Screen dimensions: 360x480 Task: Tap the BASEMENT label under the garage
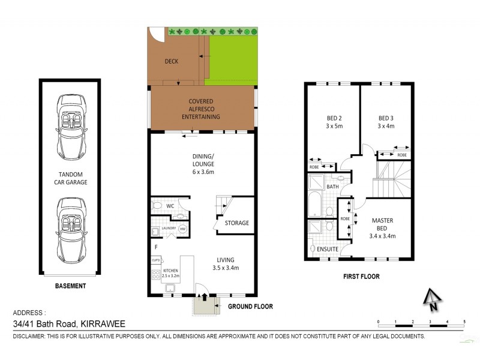(x=70, y=286)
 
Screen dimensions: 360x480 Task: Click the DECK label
(x=172, y=61)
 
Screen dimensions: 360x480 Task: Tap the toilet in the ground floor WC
(x=157, y=206)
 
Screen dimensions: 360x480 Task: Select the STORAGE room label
(x=236, y=223)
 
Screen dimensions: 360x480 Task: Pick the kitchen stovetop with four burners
(x=155, y=274)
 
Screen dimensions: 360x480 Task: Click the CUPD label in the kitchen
(x=155, y=260)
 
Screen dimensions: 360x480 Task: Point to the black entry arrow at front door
(x=204, y=296)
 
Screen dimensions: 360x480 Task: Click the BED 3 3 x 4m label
(x=386, y=122)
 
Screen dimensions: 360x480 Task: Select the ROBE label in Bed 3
(x=401, y=155)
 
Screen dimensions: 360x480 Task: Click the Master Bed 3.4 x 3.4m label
(x=382, y=228)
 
